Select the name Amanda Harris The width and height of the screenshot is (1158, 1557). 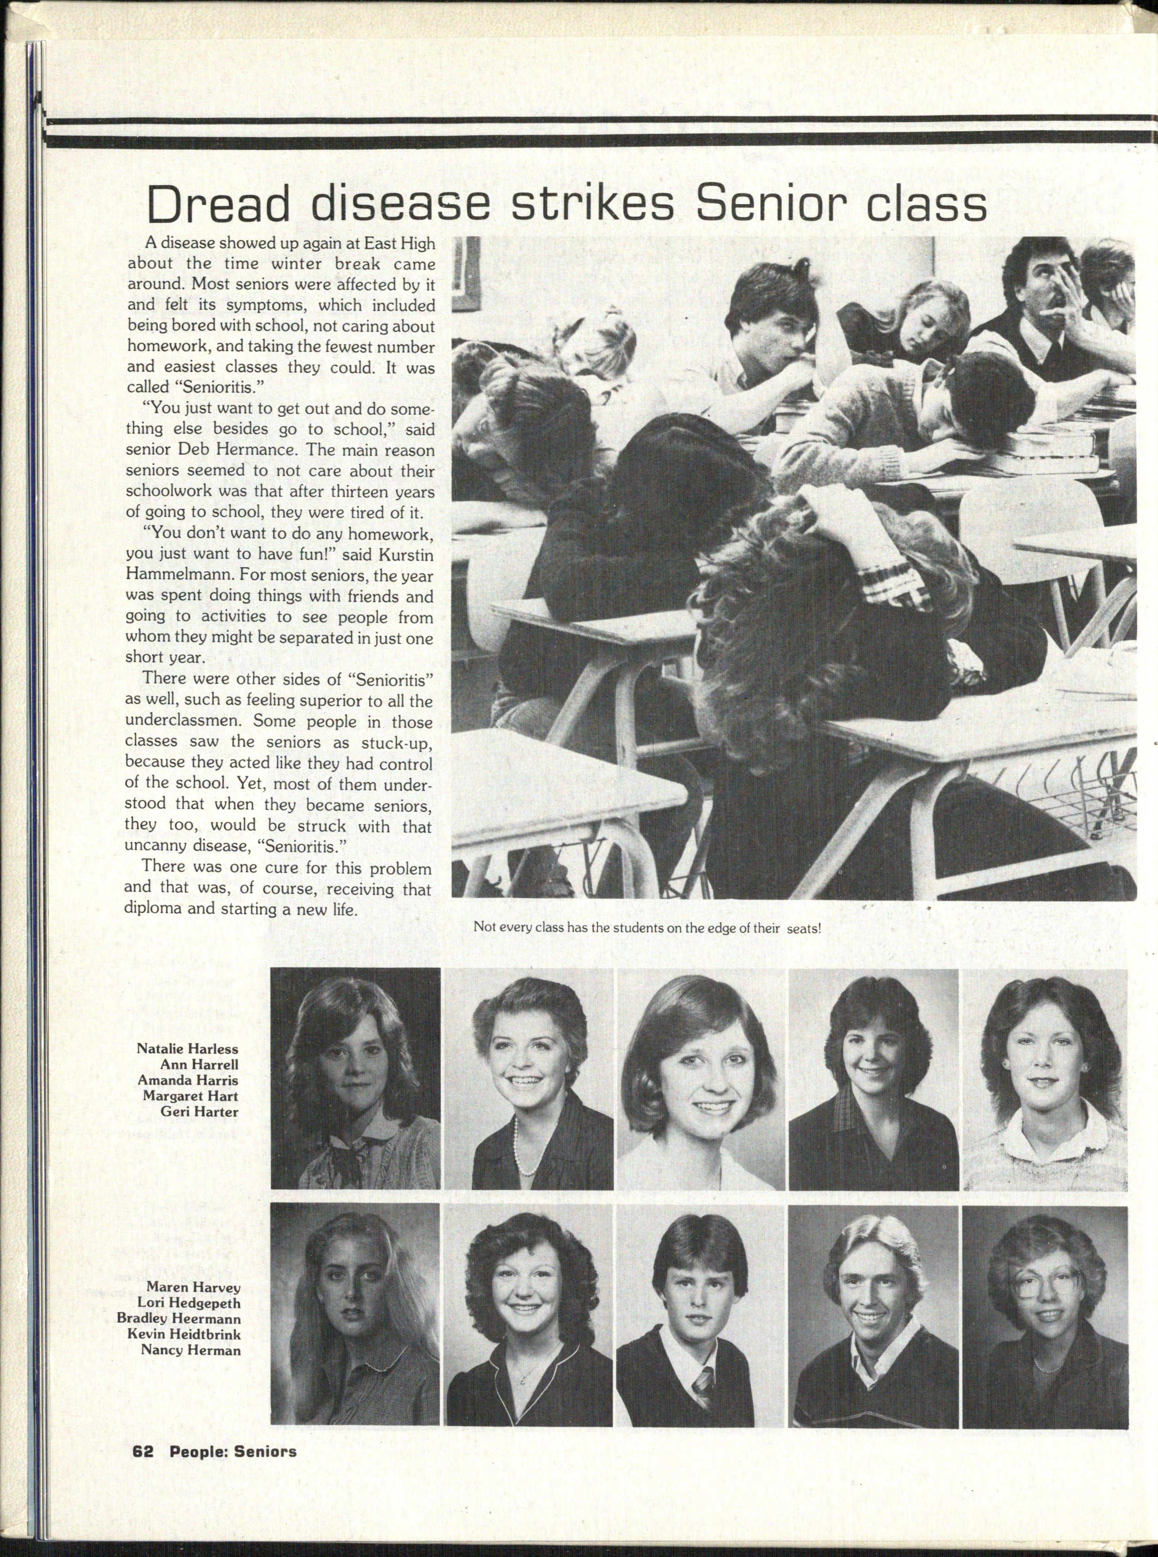pos(188,1080)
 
